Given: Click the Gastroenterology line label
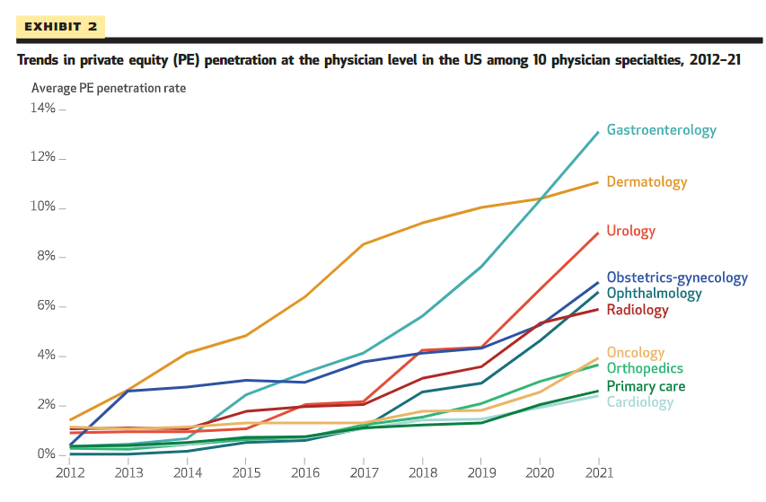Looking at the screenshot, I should pos(661,130).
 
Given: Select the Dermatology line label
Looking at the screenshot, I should pos(647,182).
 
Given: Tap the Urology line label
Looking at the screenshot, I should pos(630,231).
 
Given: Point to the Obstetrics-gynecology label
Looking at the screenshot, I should pos(676,277).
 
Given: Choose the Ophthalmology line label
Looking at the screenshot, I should pos(654,293).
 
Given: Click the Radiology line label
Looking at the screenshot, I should pos(638,310).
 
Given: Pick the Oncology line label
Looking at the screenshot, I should pos(635,353).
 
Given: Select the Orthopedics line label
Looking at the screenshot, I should pos(644,368).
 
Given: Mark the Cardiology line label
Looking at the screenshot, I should pos(639,401).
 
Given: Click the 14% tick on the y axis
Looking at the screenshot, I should pos(43,109).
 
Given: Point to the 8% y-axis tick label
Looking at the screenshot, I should pos(46,257).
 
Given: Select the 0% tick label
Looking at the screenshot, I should pos(46,454).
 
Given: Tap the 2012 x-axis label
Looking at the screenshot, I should pos(70,471).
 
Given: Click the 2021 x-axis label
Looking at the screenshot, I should pos(598,471).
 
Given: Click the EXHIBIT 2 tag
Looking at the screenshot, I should pos(61,26).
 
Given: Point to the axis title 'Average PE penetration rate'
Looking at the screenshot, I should pos(109,88).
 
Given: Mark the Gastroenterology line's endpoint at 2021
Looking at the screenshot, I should pos(598,132).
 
